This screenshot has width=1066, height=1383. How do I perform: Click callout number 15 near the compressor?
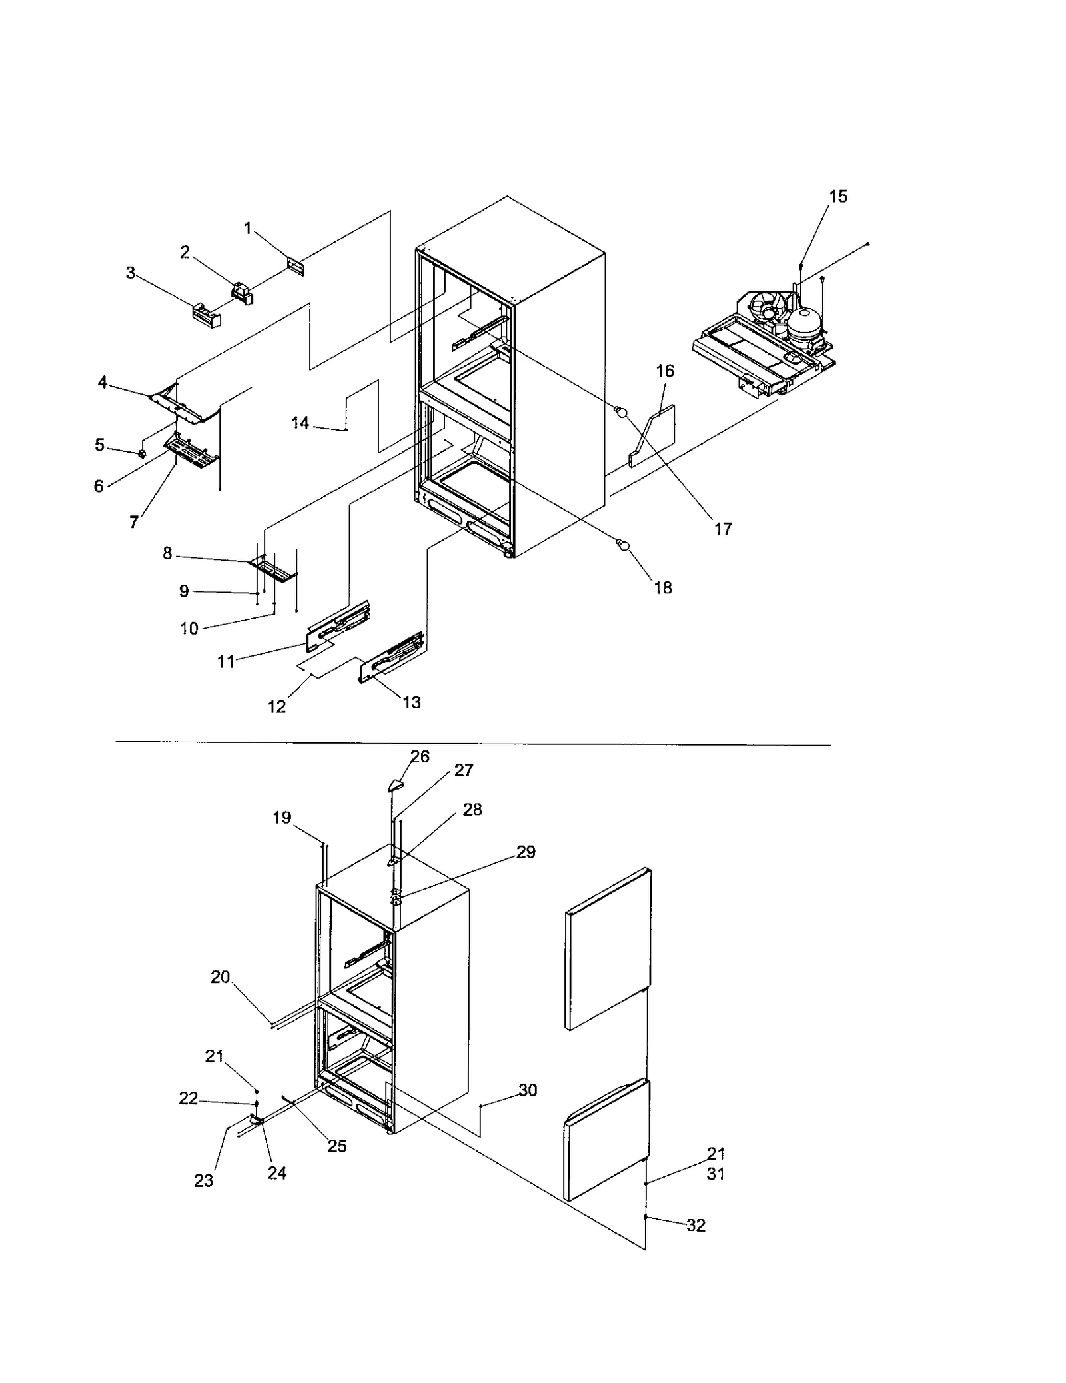837,196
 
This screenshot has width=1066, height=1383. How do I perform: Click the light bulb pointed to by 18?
624,547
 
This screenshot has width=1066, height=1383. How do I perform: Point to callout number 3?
131,273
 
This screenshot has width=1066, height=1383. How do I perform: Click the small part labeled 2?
242,293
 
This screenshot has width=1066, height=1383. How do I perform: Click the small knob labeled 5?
142,454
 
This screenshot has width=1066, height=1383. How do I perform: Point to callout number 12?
276,706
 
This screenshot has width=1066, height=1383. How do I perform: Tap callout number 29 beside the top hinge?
526,852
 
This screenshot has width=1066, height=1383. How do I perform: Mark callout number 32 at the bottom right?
696,1225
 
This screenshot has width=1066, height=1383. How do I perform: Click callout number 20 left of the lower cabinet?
220,977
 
